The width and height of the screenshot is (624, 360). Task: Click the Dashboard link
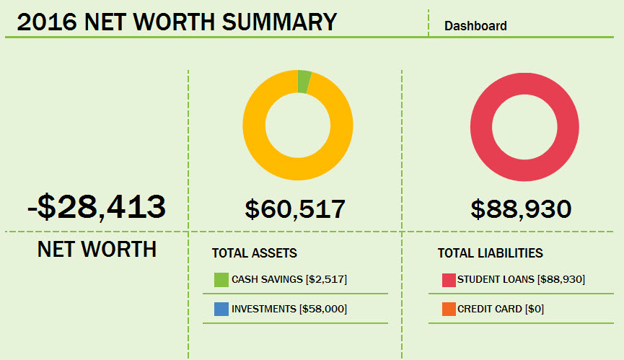475,26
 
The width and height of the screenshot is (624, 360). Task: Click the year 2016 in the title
47,22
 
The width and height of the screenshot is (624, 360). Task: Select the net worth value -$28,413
97,206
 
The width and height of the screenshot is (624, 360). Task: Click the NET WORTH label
97,250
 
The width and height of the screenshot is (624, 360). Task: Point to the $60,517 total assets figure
295,209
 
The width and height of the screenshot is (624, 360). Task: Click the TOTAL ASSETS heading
254,253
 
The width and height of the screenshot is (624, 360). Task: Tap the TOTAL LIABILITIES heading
490,253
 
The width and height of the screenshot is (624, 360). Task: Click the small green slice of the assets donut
304,82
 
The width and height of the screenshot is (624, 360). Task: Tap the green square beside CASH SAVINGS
221,280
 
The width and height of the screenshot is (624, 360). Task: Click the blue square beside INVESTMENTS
221,309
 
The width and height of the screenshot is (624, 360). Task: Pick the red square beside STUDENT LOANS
448,280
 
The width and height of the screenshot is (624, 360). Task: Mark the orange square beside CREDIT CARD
448,309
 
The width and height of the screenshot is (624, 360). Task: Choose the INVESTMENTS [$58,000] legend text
289,309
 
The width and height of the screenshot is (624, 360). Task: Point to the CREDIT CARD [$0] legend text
501,309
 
